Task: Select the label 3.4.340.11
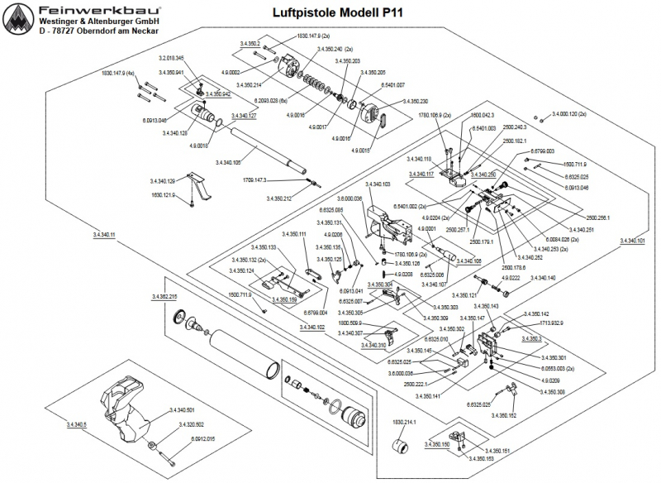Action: coord(99,235)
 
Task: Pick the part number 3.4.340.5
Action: coord(74,425)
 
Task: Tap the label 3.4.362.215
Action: coord(164,295)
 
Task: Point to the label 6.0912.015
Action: coord(202,438)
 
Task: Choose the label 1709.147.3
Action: coord(259,179)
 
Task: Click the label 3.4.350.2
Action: coord(250,43)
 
